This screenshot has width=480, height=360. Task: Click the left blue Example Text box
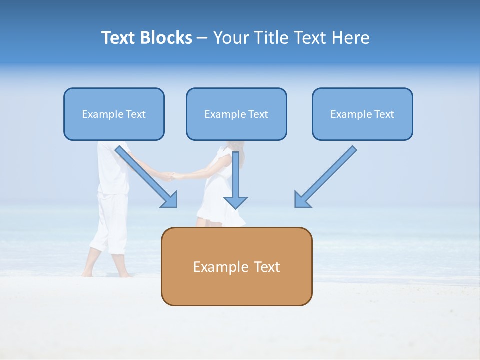click(114, 114)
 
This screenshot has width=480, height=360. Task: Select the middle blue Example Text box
click(236, 114)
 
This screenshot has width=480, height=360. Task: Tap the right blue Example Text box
click(362, 114)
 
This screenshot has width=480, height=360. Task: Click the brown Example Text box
click(236, 266)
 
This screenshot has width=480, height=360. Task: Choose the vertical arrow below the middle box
click(235, 180)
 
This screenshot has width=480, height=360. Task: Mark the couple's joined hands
click(172, 176)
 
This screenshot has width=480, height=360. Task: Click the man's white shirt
click(112, 167)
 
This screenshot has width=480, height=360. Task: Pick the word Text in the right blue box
click(383, 114)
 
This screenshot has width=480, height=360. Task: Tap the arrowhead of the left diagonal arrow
click(170, 199)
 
